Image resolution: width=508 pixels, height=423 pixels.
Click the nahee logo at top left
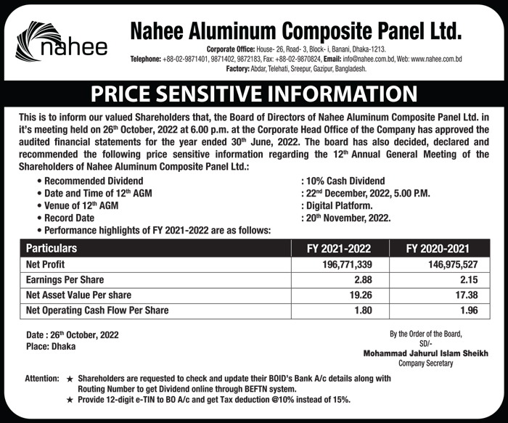pyautogui.click(x=62, y=44)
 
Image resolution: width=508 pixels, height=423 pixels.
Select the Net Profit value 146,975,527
pyautogui.click(x=459, y=264)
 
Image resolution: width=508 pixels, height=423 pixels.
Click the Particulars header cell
pyautogui.click(x=51, y=248)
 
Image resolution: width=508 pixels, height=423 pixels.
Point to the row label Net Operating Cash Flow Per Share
pyautogui.click(x=97, y=311)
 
